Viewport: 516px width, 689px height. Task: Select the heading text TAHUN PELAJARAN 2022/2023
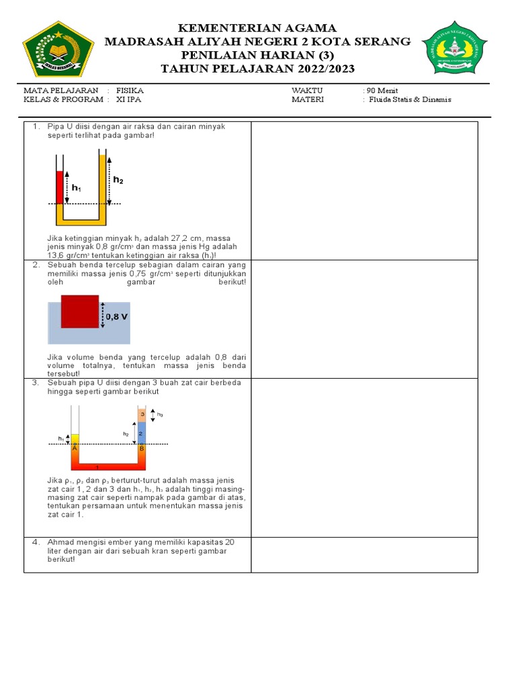257,69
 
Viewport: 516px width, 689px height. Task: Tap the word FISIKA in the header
130,90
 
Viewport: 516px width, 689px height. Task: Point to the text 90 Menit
381,90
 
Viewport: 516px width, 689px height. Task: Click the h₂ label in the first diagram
118,180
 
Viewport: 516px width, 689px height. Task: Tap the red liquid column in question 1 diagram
59,187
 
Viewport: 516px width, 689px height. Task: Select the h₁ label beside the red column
77,188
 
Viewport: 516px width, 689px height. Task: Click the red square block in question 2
80,311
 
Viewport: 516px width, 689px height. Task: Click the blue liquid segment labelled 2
141,433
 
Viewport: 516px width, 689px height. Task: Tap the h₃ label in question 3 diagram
160,414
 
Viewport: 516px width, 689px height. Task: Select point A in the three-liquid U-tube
75,448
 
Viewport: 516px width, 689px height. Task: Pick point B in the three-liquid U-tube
141,448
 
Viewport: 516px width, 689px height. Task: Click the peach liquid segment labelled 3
141,413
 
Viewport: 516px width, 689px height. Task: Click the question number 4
36,542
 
